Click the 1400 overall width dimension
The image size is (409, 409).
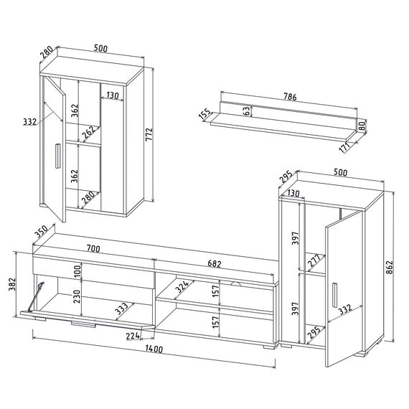click(154, 349)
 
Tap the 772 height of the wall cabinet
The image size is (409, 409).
click(149, 135)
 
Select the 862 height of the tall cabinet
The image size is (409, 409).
click(389, 268)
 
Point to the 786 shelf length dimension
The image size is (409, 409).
click(290, 97)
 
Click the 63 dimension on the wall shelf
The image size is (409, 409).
click(246, 111)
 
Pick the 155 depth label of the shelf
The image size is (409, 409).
click(205, 114)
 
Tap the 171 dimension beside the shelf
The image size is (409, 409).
click(344, 148)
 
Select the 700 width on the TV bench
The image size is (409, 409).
click(93, 249)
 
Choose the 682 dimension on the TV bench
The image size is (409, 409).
click(215, 264)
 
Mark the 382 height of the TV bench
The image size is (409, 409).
click(12, 284)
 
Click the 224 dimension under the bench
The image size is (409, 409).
click(133, 336)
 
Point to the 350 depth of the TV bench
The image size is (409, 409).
click(42, 232)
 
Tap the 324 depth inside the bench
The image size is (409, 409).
click(182, 287)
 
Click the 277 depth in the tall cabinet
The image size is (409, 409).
click(314, 261)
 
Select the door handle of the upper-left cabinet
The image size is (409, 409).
click(57, 156)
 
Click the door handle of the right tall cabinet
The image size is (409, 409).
click(335, 295)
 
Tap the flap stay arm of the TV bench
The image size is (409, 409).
click(36, 297)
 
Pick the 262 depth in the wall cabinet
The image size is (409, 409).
click(88, 132)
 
